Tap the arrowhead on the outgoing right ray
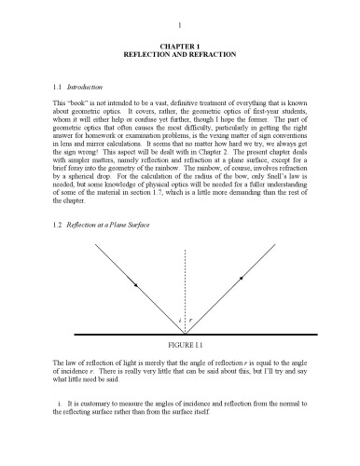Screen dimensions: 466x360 tap(242, 278)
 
